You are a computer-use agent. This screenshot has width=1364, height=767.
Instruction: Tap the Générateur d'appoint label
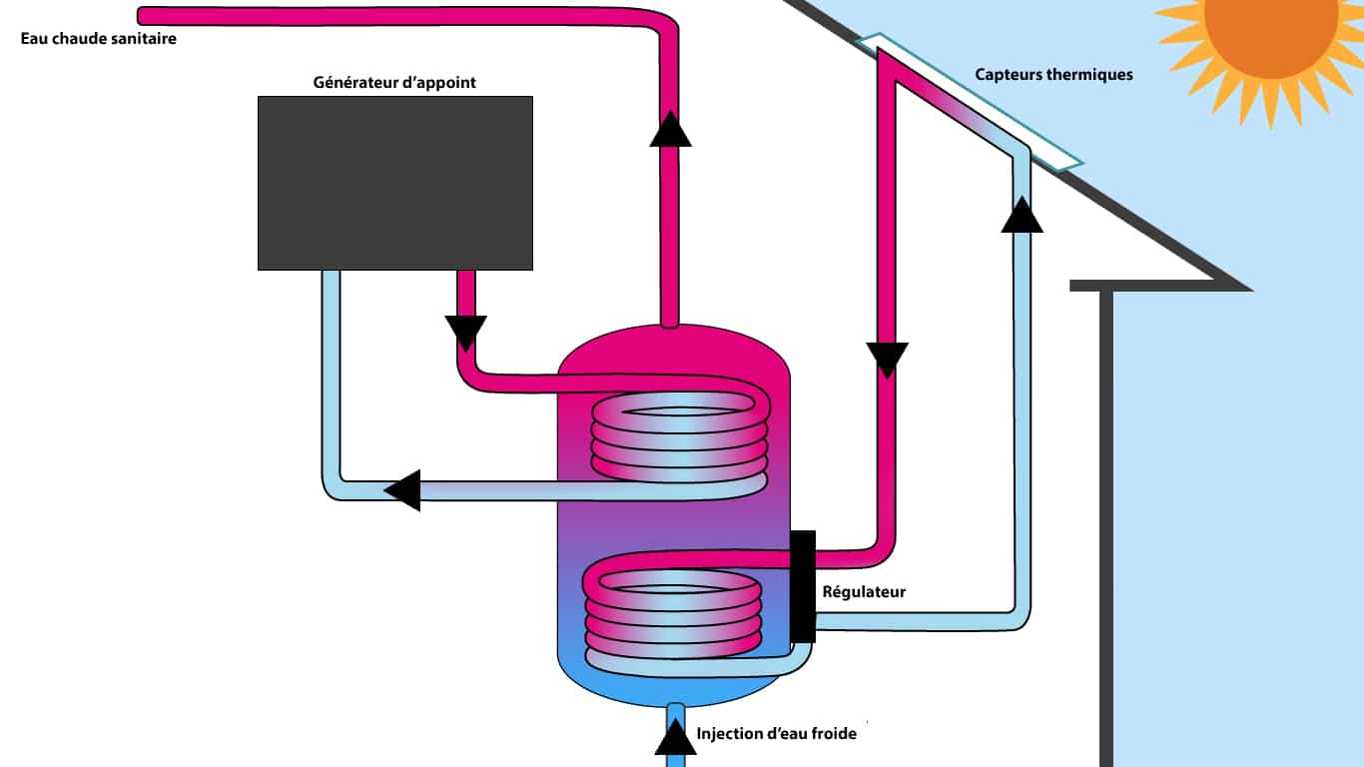click(x=394, y=83)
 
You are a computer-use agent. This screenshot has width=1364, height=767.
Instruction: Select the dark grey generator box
click(x=394, y=182)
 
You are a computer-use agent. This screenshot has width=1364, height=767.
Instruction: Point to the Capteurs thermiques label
click(x=1053, y=75)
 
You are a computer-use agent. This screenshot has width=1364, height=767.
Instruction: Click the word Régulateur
click(x=864, y=592)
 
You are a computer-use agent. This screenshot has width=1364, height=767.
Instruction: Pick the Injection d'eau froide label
click(x=777, y=734)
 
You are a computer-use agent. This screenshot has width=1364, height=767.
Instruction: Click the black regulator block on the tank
click(x=802, y=586)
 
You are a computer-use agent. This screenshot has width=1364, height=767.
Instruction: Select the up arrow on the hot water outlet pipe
click(x=670, y=130)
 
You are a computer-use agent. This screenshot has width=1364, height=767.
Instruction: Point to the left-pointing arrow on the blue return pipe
click(x=403, y=489)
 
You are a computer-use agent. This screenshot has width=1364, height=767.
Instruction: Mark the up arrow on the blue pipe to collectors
click(x=1022, y=215)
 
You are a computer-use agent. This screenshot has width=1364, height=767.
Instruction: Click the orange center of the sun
click(x=1270, y=25)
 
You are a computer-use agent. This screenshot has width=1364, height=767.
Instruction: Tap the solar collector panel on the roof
click(x=970, y=101)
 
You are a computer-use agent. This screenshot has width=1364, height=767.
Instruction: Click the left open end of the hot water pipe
click(x=143, y=16)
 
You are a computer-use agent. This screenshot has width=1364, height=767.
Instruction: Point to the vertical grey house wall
click(x=1106, y=529)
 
